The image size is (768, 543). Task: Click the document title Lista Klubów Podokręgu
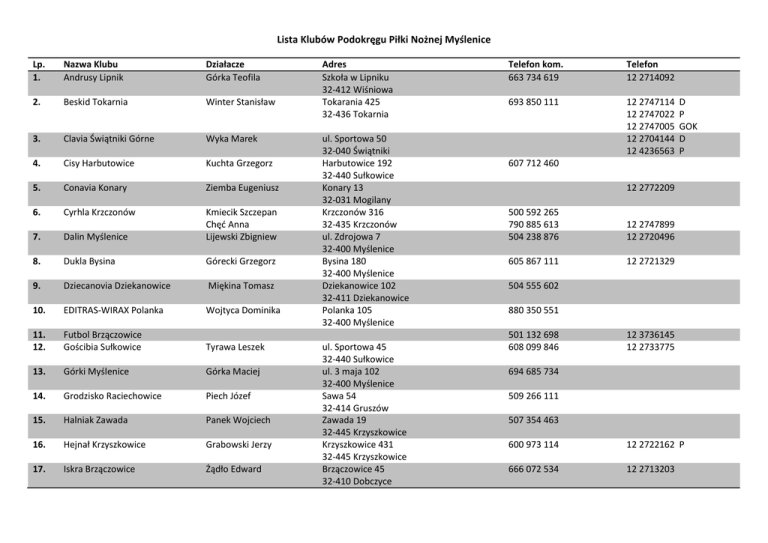383,40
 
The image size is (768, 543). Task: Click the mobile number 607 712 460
533,163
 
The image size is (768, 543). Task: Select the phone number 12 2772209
651,187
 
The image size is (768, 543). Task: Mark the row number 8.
36,261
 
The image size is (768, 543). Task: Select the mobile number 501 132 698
533,334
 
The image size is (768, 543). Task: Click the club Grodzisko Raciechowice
113,396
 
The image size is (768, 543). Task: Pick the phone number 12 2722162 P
656,444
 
